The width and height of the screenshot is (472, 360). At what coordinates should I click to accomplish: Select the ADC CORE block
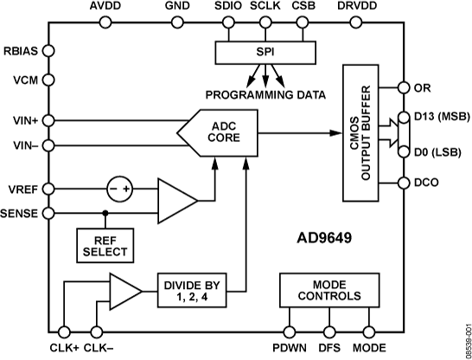coord(217,132)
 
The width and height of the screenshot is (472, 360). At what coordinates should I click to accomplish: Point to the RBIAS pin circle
coord(48,50)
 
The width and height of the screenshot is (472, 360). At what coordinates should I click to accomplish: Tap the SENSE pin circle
coord(48,212)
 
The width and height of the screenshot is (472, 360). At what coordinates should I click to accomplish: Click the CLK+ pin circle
coord(64,332)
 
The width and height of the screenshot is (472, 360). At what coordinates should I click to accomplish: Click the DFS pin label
coord(329,349)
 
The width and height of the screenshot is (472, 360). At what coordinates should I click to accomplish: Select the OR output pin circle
coord(403,88)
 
